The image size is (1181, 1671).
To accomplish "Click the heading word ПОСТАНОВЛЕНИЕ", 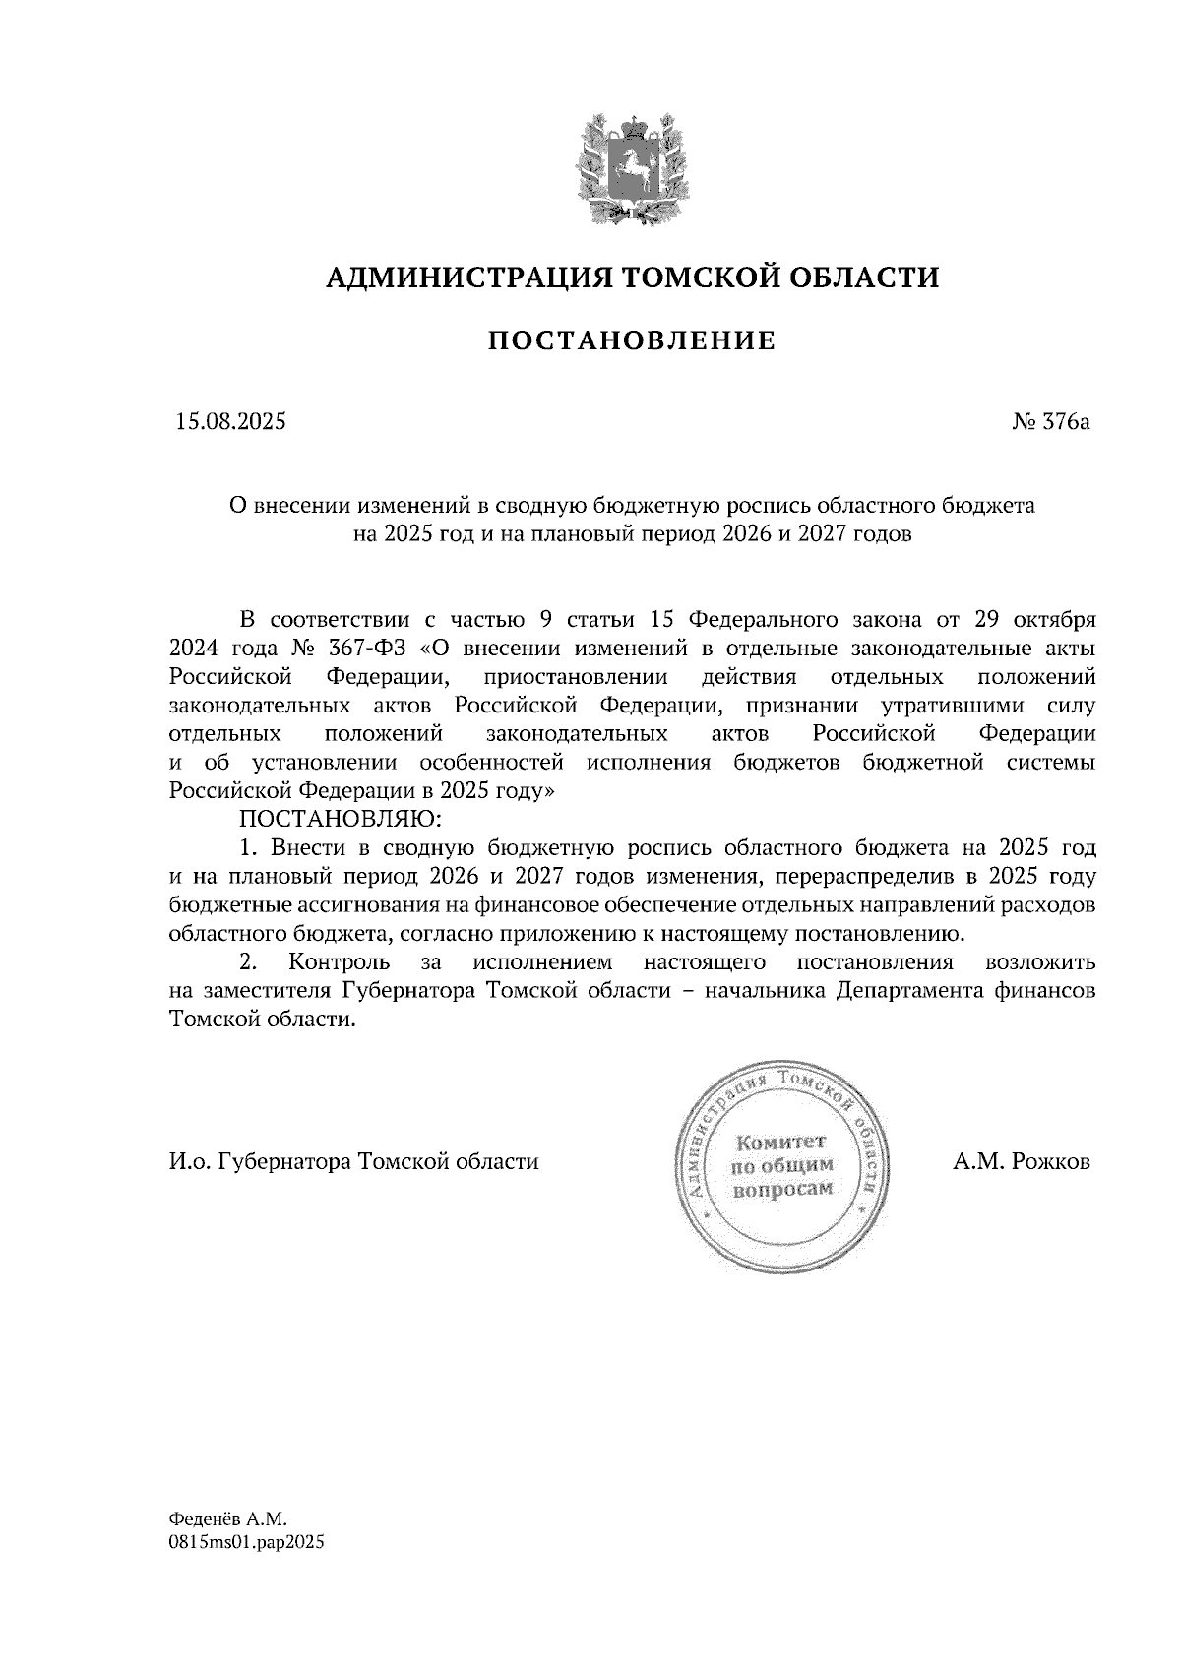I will [x=632, y=341].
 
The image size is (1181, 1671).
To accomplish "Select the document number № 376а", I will [x=1051, y=423].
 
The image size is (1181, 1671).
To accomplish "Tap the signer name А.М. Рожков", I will [x=1022, y=1161].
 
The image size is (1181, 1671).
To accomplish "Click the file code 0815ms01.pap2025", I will [x=247, y=1542].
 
